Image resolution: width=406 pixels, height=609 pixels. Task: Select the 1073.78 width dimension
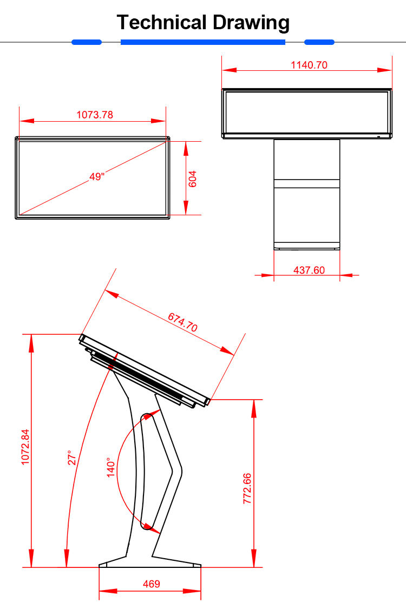pyautogui.click(x=95, y=115)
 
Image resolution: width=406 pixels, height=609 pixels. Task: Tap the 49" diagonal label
pyautogui.click(x=97, y=176)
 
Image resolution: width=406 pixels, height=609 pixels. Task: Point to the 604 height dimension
pyautogui.click(x=192, y=179)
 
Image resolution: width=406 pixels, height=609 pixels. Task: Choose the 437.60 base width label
pyautogui.click(x=309, y=270)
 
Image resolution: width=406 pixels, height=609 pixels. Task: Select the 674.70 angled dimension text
pyautogui.click(x=182, y=321)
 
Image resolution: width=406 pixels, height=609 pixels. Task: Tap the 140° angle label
pyautogui.click(x=111, y=467)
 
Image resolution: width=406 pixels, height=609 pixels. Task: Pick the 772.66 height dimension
pyautogui.click(x=247, y=488)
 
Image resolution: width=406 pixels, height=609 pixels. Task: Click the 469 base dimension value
pyautogui.click(x=151, y=584)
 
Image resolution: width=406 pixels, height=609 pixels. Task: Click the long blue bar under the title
pyautogui.click(x=202, y=42)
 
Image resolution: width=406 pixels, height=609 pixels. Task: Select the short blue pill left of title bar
pyautogui.click(x=87, y=42)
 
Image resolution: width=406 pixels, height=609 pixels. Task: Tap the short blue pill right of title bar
pyautogui.click(x=319, y=42)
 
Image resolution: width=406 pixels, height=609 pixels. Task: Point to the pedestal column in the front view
pyautogui.click(x=307, y=195)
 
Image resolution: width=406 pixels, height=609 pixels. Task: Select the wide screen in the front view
pyautogui.click(x=307, y=113)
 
